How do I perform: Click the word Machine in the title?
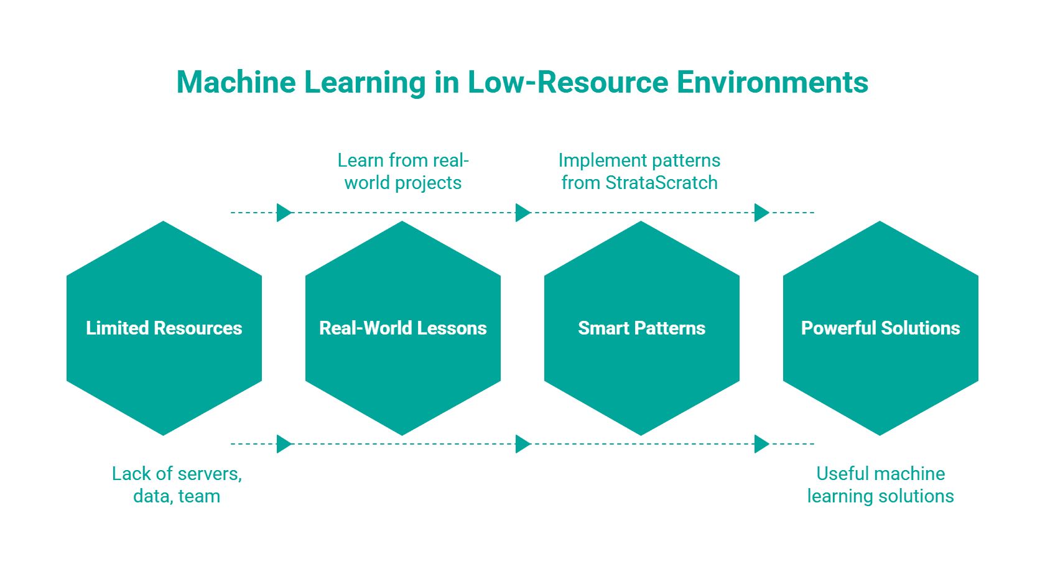[236, 82]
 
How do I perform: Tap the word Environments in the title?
[772, 82]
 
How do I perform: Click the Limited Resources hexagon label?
[164, 328]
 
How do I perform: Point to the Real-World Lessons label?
[403, 328]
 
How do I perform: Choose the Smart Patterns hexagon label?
[641, 328]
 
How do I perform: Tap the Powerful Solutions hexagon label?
[880, 328]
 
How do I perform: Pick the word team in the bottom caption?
[199, 496]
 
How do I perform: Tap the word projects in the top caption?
[429, 183]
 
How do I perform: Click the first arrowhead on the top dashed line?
[284, 213]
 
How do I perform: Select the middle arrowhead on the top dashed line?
[523, 213]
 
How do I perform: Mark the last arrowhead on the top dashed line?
[761, 213]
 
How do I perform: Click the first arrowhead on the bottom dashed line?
[284, 444]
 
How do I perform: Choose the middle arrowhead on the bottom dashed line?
[523, 444]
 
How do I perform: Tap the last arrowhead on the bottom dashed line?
[761, 444]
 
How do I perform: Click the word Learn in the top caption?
[360, 160]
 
